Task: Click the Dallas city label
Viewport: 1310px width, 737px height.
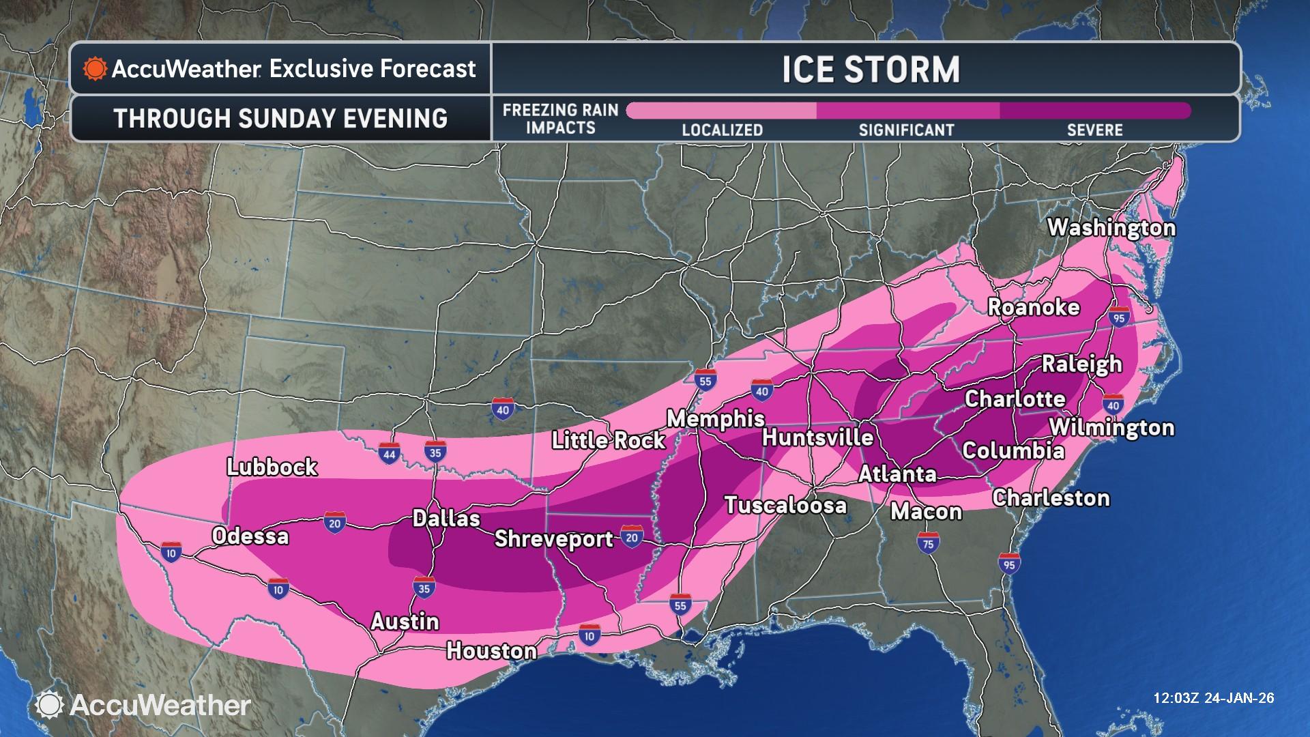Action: (446, 518)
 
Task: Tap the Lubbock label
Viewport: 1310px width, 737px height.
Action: (272, 467)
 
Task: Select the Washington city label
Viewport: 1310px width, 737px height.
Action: (1111, 227)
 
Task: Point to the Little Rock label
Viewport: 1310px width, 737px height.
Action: (608, 440)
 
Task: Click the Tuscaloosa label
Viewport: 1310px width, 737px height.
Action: (785, 505)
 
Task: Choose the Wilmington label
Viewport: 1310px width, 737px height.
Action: (1111, 427)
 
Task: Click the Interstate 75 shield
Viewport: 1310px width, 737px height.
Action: (928, 543)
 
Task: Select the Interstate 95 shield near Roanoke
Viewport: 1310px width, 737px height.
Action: (1118, 317)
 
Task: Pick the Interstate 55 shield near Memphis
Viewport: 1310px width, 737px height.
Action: (705, 380)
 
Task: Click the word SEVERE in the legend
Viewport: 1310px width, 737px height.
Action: (1094, 130)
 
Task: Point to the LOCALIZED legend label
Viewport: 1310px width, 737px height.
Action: (722, 130)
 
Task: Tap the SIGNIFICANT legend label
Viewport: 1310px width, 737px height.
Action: (906, 130)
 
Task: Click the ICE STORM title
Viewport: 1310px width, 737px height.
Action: (871, 70)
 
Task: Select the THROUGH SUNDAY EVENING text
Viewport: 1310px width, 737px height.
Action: (280, 118)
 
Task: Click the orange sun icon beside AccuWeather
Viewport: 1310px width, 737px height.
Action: (95, 69)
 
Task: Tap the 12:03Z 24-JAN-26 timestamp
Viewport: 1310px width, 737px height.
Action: (1213, 698)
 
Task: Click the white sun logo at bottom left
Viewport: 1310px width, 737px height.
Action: (50, 705)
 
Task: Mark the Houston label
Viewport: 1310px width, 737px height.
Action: (491, 650)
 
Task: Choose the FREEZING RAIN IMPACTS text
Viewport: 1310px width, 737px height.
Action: (560, 119)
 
